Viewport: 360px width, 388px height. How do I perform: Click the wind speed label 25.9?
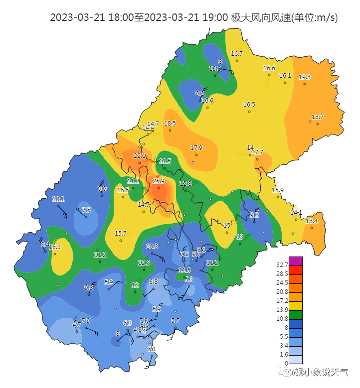(159, 181)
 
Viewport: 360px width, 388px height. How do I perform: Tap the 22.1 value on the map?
(140, 156)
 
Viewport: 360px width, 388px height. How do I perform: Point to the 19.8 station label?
(305, 77)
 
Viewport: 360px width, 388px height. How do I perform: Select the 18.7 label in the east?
(318, 117)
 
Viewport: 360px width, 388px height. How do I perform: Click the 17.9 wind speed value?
(196, 148)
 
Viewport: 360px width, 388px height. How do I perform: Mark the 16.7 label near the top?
(237, 54)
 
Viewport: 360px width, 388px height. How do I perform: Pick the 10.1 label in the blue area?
(58, 199)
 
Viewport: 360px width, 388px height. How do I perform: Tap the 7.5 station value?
(86, 210)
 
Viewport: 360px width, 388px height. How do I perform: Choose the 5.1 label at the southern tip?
(153, 349)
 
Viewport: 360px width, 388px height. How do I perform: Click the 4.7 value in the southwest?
(77, 324)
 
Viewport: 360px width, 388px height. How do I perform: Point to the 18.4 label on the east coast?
(312, 221)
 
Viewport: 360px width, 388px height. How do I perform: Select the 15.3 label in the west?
(55, 247)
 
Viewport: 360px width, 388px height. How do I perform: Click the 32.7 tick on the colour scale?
(282, 265)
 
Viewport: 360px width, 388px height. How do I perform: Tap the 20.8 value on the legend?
(282, 292)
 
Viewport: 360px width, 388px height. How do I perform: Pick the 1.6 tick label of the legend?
(284, 355)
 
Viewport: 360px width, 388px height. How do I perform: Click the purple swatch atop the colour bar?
(296, 261)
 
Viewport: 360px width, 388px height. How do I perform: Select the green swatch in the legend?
(296, 315)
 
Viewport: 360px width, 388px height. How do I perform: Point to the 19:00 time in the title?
(216, 18)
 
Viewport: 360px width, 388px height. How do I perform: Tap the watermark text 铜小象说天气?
(322, 372)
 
